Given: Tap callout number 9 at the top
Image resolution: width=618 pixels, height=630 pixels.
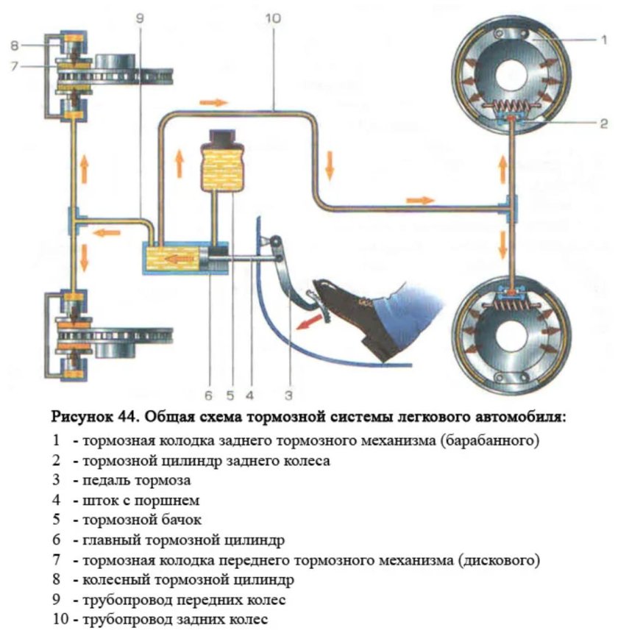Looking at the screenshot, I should (x=140, y=16).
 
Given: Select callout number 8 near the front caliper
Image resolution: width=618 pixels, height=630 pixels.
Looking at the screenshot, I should (x=14, y=46).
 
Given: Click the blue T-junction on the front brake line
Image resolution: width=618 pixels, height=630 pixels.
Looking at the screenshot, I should (x=74, y=221).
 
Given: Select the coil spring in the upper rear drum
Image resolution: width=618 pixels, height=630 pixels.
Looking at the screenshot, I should (x=508, y=106).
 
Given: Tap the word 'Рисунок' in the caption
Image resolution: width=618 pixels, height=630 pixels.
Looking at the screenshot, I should (x=80, y=418).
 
